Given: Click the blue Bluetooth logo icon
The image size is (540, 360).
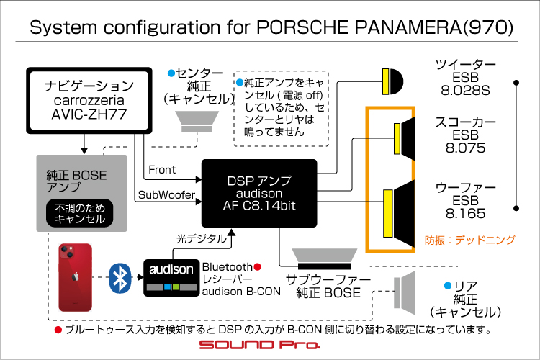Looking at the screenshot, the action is click(x=120, y=278).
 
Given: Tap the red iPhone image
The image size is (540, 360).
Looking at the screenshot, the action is click(x=76, y=278).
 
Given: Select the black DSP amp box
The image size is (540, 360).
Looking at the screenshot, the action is click(x=259, y=193).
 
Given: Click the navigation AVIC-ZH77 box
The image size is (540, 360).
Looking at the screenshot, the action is click(x=89, y=100).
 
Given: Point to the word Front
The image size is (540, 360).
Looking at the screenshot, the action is click(x=162, y=169).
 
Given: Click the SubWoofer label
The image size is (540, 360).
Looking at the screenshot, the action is click(x=166, y=195).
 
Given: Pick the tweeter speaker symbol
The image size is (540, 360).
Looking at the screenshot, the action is click(x=392, y=81).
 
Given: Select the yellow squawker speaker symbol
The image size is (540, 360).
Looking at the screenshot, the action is click(x=405, y=139).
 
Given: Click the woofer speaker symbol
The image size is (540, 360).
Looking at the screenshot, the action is click(x=399, y=214).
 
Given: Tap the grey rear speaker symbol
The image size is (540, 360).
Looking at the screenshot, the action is click(x=405, y=293).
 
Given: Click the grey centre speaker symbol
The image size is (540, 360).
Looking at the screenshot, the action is click(x=197, y=121).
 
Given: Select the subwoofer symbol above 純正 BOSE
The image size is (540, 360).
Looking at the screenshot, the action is click(x=325, y=259).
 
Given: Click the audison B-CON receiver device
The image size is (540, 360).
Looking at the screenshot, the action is click(x=171, y=278).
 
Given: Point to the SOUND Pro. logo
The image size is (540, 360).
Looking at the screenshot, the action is click(x=260, y=345).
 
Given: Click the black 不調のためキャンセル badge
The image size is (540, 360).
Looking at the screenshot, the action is click(x=79, y=213).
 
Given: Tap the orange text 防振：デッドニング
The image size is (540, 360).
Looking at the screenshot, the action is click(x=470, y=240).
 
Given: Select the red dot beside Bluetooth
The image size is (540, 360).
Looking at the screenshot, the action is click(x=257, y=266).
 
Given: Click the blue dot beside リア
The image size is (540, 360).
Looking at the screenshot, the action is click(x=448, y=286).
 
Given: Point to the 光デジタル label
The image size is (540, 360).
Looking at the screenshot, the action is click(x=202, y=239).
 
